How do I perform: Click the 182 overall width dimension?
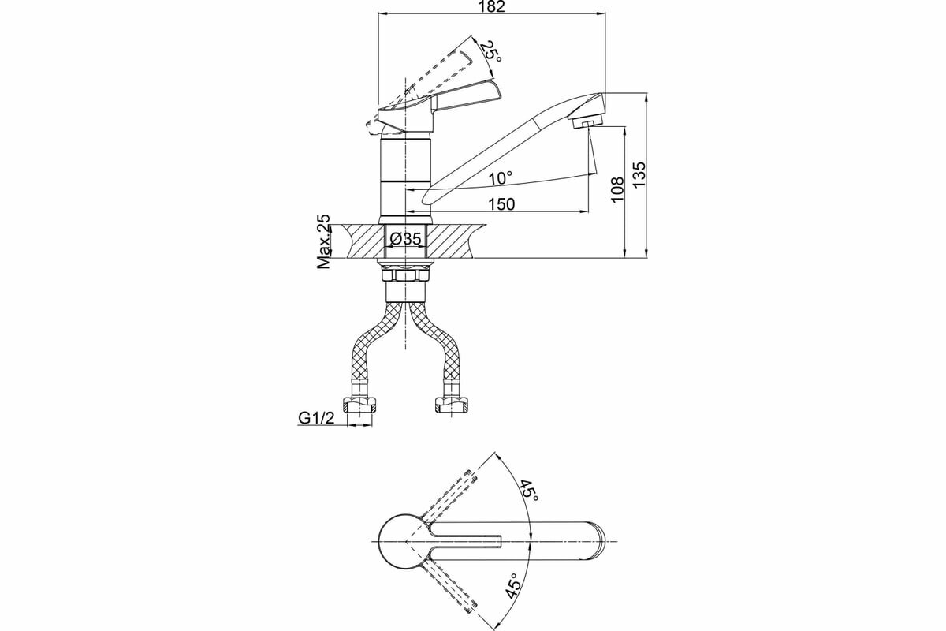pos(492,7)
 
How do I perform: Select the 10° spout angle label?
pos(500,178)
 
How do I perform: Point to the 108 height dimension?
pos(617,189)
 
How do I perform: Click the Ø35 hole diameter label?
pos(406,239)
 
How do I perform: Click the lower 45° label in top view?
pos(513,587)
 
